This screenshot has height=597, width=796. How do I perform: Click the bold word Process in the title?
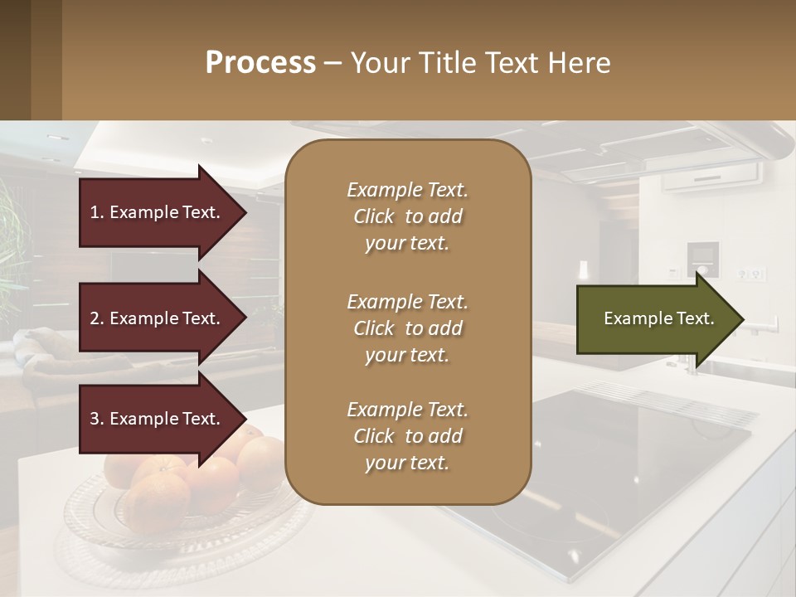click(x=260, y=62)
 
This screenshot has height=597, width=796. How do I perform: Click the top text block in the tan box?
click(x=407, y=216)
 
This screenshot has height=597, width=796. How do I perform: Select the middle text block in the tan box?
click(x=407, y=328)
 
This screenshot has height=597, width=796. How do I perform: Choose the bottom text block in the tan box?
click(x=407, y=436)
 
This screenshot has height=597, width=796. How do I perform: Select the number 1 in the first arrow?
click(x=95, y=212)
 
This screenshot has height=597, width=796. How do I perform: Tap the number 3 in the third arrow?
click(x=95, y=419)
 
